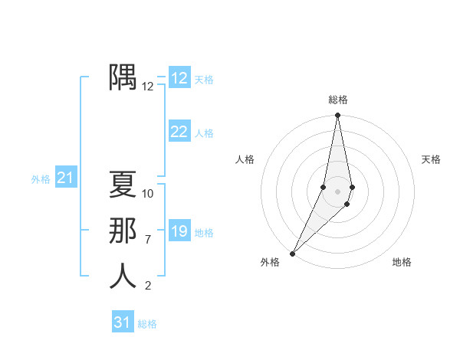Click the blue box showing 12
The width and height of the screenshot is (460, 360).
tap(179, 78)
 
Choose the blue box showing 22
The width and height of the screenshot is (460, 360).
tap(179, 132)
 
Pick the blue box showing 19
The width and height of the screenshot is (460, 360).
tap(179, 231)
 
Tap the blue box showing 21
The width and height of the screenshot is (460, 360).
tap(66, 178)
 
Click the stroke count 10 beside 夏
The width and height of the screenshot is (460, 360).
tap(148, 194)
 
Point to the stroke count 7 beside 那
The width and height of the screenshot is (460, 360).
tap(148, 240)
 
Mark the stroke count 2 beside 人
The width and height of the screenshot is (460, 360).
tap(148, 286)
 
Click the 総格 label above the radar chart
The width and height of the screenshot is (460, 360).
tap(338, 100)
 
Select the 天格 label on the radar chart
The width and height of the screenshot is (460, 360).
tap(432, 159)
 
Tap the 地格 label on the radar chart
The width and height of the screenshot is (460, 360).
tap(402, 262)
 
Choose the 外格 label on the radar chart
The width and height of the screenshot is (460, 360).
tap(270, 262)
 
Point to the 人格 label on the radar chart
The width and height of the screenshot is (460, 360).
tap(245, 159)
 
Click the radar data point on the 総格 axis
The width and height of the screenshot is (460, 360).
tap(338, 116)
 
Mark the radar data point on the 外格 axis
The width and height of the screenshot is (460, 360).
tap(293, 253)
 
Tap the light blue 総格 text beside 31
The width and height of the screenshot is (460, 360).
tap(147, 324)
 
